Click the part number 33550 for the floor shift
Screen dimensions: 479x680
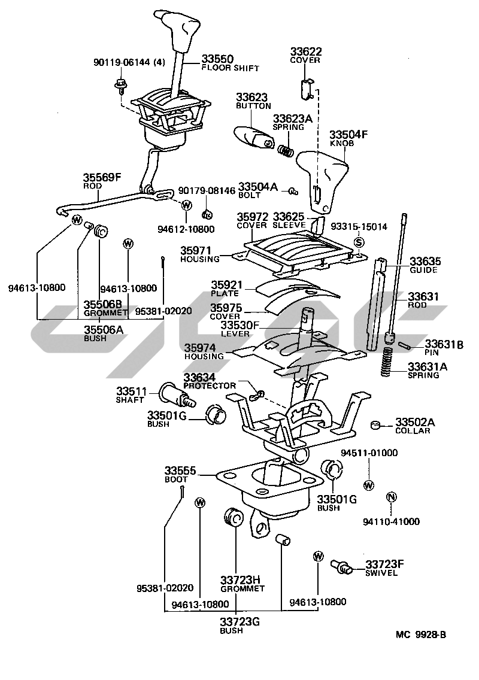[217, 59]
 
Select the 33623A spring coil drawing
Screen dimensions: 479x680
[286, 150]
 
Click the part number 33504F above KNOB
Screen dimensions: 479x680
[348, 135]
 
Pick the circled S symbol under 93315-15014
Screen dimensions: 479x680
[359, 242]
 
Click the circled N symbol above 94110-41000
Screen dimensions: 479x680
[392, 497]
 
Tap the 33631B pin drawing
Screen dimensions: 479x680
[404, 345]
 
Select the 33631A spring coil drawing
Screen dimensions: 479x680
[387, 362]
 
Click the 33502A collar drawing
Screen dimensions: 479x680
[376, 424]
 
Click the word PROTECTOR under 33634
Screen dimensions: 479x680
[210, 385]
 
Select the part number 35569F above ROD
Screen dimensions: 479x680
[102, 177]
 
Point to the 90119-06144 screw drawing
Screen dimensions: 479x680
[120, 86]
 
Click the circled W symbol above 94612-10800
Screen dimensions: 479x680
[186, 205]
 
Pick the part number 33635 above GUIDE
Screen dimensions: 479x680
[425, 261]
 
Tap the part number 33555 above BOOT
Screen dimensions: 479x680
[180, 470]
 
